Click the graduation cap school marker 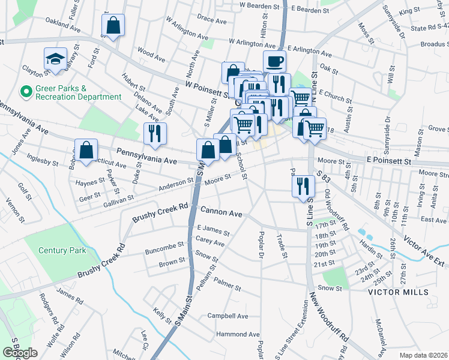(x=55, y=59)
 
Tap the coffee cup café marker (x=274, y=61)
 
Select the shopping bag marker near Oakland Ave (x=113, y=26)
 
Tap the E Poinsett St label (x=388, y=161)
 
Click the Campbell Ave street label (x=228, y=316)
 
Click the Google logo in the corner (x=20, y=353)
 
